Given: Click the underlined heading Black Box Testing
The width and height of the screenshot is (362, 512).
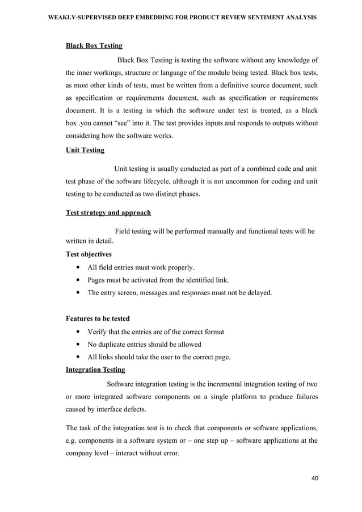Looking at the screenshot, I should click(94, 45).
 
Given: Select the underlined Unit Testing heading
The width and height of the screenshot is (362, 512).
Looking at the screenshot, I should click(85, 150).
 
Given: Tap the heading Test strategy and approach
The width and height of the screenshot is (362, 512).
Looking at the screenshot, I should click(108, 213).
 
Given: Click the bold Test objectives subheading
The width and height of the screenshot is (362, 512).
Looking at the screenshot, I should click(89, 254).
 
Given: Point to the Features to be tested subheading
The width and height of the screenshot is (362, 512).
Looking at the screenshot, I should click(98, 319).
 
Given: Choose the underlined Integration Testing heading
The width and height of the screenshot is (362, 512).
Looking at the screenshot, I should click(95, 370).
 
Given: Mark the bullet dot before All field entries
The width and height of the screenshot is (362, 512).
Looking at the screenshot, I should click(77, 267).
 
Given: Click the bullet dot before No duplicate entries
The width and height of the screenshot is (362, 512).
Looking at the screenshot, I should click(77, 345).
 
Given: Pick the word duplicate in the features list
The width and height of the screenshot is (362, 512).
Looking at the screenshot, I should click(115, 345).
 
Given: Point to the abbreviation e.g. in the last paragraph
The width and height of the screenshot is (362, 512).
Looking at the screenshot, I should click(73, 440).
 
